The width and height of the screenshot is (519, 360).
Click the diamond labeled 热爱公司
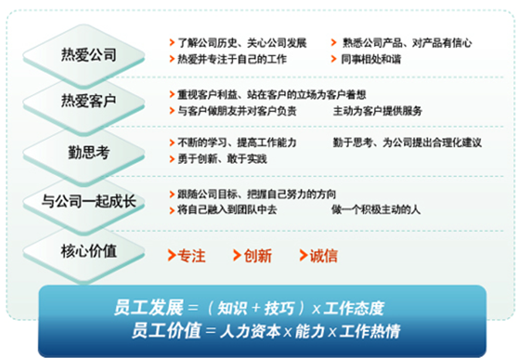coord(84,55)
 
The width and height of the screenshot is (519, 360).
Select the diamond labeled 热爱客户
coord(84,101)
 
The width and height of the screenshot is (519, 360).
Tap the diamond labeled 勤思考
coord(84,152)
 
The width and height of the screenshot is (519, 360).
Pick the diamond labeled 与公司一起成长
coord(84,202)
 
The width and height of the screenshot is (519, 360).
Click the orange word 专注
coord(192,256)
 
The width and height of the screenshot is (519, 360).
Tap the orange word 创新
coord(257,256)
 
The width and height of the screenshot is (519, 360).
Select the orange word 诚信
coord(324,256)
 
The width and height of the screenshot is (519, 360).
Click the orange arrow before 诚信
coord(303,256)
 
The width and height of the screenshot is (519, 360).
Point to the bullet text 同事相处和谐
coord(371,59)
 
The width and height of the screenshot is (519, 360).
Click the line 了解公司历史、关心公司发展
coord(243,42)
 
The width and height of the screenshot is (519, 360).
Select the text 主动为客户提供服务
coord(378,111)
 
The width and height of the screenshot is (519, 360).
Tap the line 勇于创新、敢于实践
coord(222,159)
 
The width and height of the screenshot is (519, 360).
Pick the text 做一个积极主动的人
coord(376,209)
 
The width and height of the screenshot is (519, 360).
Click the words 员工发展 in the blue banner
coord(148,307)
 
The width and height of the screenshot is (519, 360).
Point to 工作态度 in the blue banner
coord(354,308)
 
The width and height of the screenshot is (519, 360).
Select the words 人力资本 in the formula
coord(250,331)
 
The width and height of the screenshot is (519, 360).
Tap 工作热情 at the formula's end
coord(370,331)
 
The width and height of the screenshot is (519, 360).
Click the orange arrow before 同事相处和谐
coord(334,59)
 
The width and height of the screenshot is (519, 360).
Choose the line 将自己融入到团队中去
coord(227,209)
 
